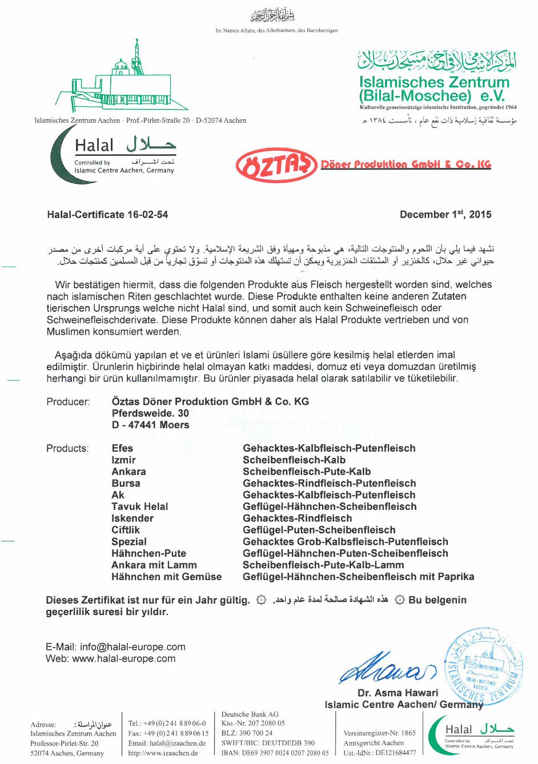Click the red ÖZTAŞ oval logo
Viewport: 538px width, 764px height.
coord(276,164)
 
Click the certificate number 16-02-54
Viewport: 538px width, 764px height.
coord(147,215)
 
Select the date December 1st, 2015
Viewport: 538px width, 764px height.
coord(445,215)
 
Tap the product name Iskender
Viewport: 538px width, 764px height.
coord(133,518)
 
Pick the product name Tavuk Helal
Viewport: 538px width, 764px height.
coord(140,506)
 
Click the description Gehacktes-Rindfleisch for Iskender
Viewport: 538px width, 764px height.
coord(297,518)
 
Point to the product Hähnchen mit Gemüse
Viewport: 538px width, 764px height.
coord(166,577)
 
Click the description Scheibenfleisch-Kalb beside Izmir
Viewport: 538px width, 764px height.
coord(294,460)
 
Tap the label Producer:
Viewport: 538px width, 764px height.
coord(68,402)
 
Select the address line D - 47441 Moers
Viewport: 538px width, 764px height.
coord(150,425)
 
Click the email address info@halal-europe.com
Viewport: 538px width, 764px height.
coord(133,647)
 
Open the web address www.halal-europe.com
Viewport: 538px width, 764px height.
coord(124,658)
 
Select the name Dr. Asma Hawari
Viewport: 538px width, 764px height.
coord(398,693)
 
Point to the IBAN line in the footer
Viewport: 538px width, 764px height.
coord(275,753)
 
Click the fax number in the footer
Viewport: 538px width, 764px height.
coord(168,733)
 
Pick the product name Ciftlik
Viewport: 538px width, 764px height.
coord(126,530)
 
